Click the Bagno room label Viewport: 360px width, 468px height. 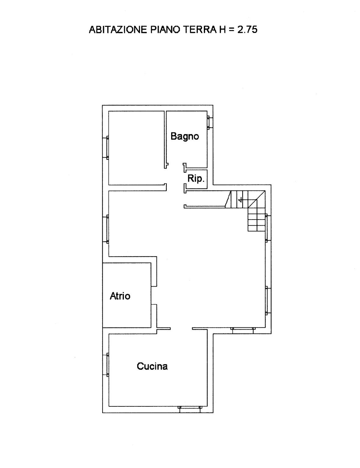tap(185, 137)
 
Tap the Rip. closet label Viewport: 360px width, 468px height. tap(196, 179)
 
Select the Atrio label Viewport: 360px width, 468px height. tap(120, 296)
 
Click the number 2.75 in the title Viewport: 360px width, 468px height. tap(247, 30)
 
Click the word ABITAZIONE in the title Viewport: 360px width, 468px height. tap(118, 30)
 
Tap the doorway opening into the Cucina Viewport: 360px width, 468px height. tap(182, 329)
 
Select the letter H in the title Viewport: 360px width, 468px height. tap(222, 30)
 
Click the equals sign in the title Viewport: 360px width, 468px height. tap(232, 30)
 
